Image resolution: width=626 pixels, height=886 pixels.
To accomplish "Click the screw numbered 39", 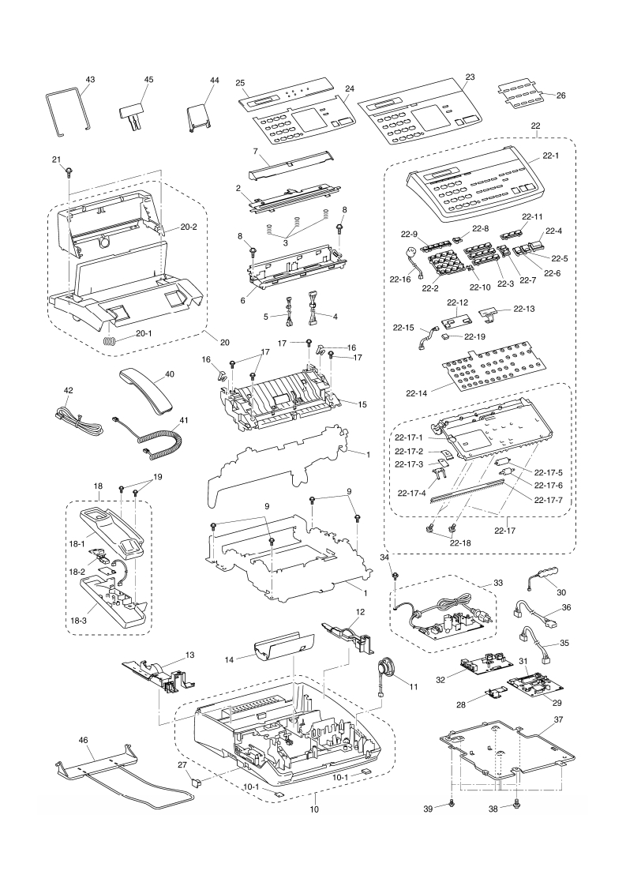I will (451, 803).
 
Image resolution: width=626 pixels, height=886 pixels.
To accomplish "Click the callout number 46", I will (84, 741).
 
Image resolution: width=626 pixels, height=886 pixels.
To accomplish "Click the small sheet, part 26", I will (521, 97).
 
